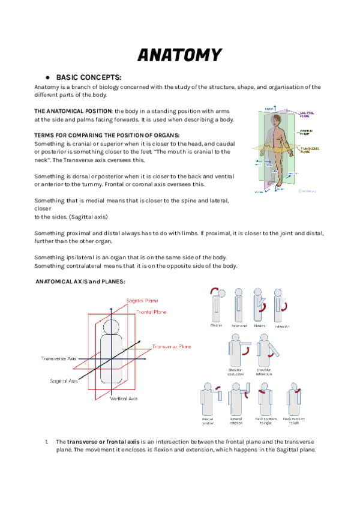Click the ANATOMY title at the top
179,55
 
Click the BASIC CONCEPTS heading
89,77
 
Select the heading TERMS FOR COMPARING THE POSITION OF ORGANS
107,135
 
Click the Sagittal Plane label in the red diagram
143,300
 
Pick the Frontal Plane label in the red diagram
151,312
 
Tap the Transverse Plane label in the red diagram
172,347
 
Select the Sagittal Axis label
64,381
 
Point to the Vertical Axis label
124,399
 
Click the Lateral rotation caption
236,421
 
